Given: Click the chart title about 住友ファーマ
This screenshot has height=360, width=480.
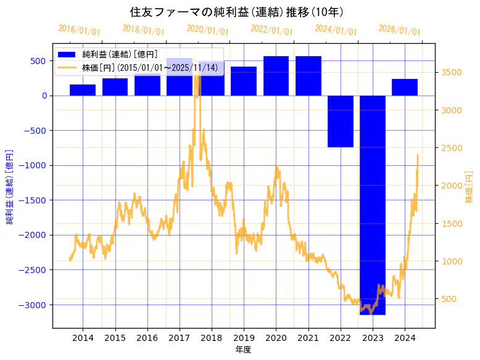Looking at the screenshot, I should click(x=237, y=12).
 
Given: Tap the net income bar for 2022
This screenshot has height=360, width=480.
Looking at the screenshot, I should click(x=341, y=121).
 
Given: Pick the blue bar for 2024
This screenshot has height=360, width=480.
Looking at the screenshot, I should click(x=405, y=87).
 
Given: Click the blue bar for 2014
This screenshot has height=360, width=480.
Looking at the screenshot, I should click(x=83, y=90).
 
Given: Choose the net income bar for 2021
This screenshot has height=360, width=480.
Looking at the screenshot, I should click(x=308, y=76).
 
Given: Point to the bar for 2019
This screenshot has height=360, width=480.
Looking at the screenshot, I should click(x=244, y=81).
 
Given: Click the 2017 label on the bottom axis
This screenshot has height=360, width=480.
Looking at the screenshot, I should click(x=179, y=337).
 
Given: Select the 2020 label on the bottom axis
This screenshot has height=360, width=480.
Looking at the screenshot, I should click(x=276, y=337).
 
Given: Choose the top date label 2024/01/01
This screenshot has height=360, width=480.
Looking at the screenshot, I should click(x=336, y=30).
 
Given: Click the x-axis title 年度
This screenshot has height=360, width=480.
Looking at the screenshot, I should click(x=244, y=350).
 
